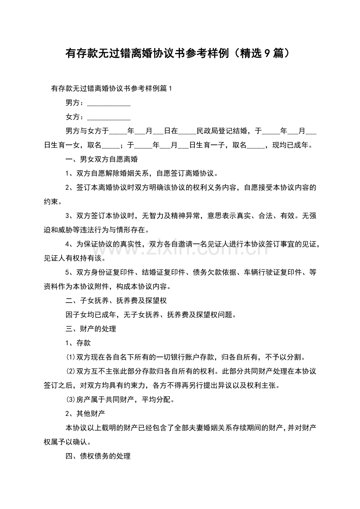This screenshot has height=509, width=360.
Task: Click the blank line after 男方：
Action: [108, 104]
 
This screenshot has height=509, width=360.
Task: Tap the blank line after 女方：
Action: [108, 117]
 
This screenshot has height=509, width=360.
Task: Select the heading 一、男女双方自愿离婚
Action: [101, 160]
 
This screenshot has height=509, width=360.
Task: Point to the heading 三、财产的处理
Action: [90, 329]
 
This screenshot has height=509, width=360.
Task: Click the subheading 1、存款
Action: [78, 343]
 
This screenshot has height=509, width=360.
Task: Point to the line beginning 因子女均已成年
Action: [151, 315]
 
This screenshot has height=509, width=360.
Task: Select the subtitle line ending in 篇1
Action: [112, 89]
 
